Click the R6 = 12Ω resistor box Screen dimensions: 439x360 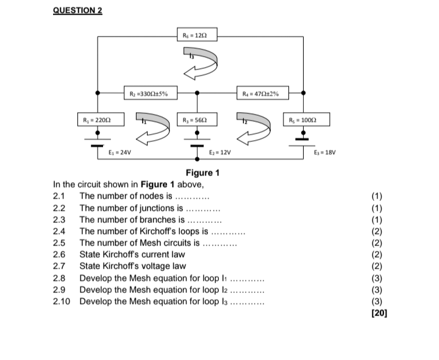click(197, 34)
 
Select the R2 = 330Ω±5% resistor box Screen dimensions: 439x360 click(151, 93)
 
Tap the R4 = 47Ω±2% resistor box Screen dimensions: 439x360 click(263, 93)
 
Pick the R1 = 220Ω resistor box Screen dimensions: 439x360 click(101, 119)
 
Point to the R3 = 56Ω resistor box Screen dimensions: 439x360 click(197, 119)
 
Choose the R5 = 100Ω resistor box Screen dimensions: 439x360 click(306, 119)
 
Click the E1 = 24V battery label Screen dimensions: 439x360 click(120, 152)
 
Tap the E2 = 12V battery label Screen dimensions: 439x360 click(220, 152)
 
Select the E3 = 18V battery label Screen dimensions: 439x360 click(325, 152)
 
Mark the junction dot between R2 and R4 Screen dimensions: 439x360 click(197, 93)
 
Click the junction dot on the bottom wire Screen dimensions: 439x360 click(197, 159)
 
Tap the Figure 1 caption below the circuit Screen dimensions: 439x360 click(202, 173)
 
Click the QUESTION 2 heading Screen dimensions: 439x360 click(77, 10)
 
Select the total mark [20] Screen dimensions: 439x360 click(379, 313)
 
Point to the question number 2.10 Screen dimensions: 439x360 click(62, 302)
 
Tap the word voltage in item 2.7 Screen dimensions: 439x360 click(157, 266)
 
